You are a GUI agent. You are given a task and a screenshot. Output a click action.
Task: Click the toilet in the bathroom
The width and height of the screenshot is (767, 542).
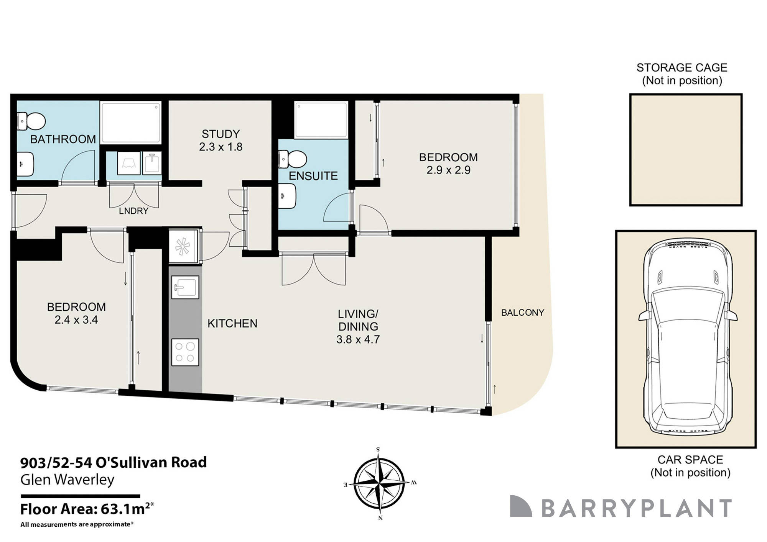[31, 121]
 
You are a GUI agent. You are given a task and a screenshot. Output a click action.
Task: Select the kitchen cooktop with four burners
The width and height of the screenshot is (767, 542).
[185, 352]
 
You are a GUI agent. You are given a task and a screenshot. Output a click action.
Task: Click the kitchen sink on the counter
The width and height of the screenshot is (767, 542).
[185, 287]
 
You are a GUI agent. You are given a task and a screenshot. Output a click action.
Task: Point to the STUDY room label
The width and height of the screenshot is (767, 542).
[221, 134]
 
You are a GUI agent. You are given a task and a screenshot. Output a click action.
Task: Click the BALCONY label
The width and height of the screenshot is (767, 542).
[522, 313]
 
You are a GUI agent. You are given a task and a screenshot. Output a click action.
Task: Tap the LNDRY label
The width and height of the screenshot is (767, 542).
[133, 211]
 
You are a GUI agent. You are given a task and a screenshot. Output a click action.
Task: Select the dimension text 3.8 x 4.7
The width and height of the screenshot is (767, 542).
[358, 339]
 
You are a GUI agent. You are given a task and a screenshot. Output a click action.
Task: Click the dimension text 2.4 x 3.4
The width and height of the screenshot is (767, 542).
[76, 320]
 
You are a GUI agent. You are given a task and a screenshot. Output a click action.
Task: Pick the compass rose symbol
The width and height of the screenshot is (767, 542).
[379, 483]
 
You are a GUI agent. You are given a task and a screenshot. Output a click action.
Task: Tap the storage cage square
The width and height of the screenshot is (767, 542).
[685, 150]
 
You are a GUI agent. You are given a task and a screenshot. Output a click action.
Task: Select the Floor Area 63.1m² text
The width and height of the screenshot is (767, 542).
[87, 509]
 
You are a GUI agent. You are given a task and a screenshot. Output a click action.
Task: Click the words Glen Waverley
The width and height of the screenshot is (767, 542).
[67, 480]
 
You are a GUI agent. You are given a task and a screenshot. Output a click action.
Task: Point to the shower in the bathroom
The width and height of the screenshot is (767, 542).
[130, 122]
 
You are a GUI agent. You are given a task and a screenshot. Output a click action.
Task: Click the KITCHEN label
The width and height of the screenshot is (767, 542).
[232, 324]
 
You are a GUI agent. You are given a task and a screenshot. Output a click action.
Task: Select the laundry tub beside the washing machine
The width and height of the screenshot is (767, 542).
[152, 163]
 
